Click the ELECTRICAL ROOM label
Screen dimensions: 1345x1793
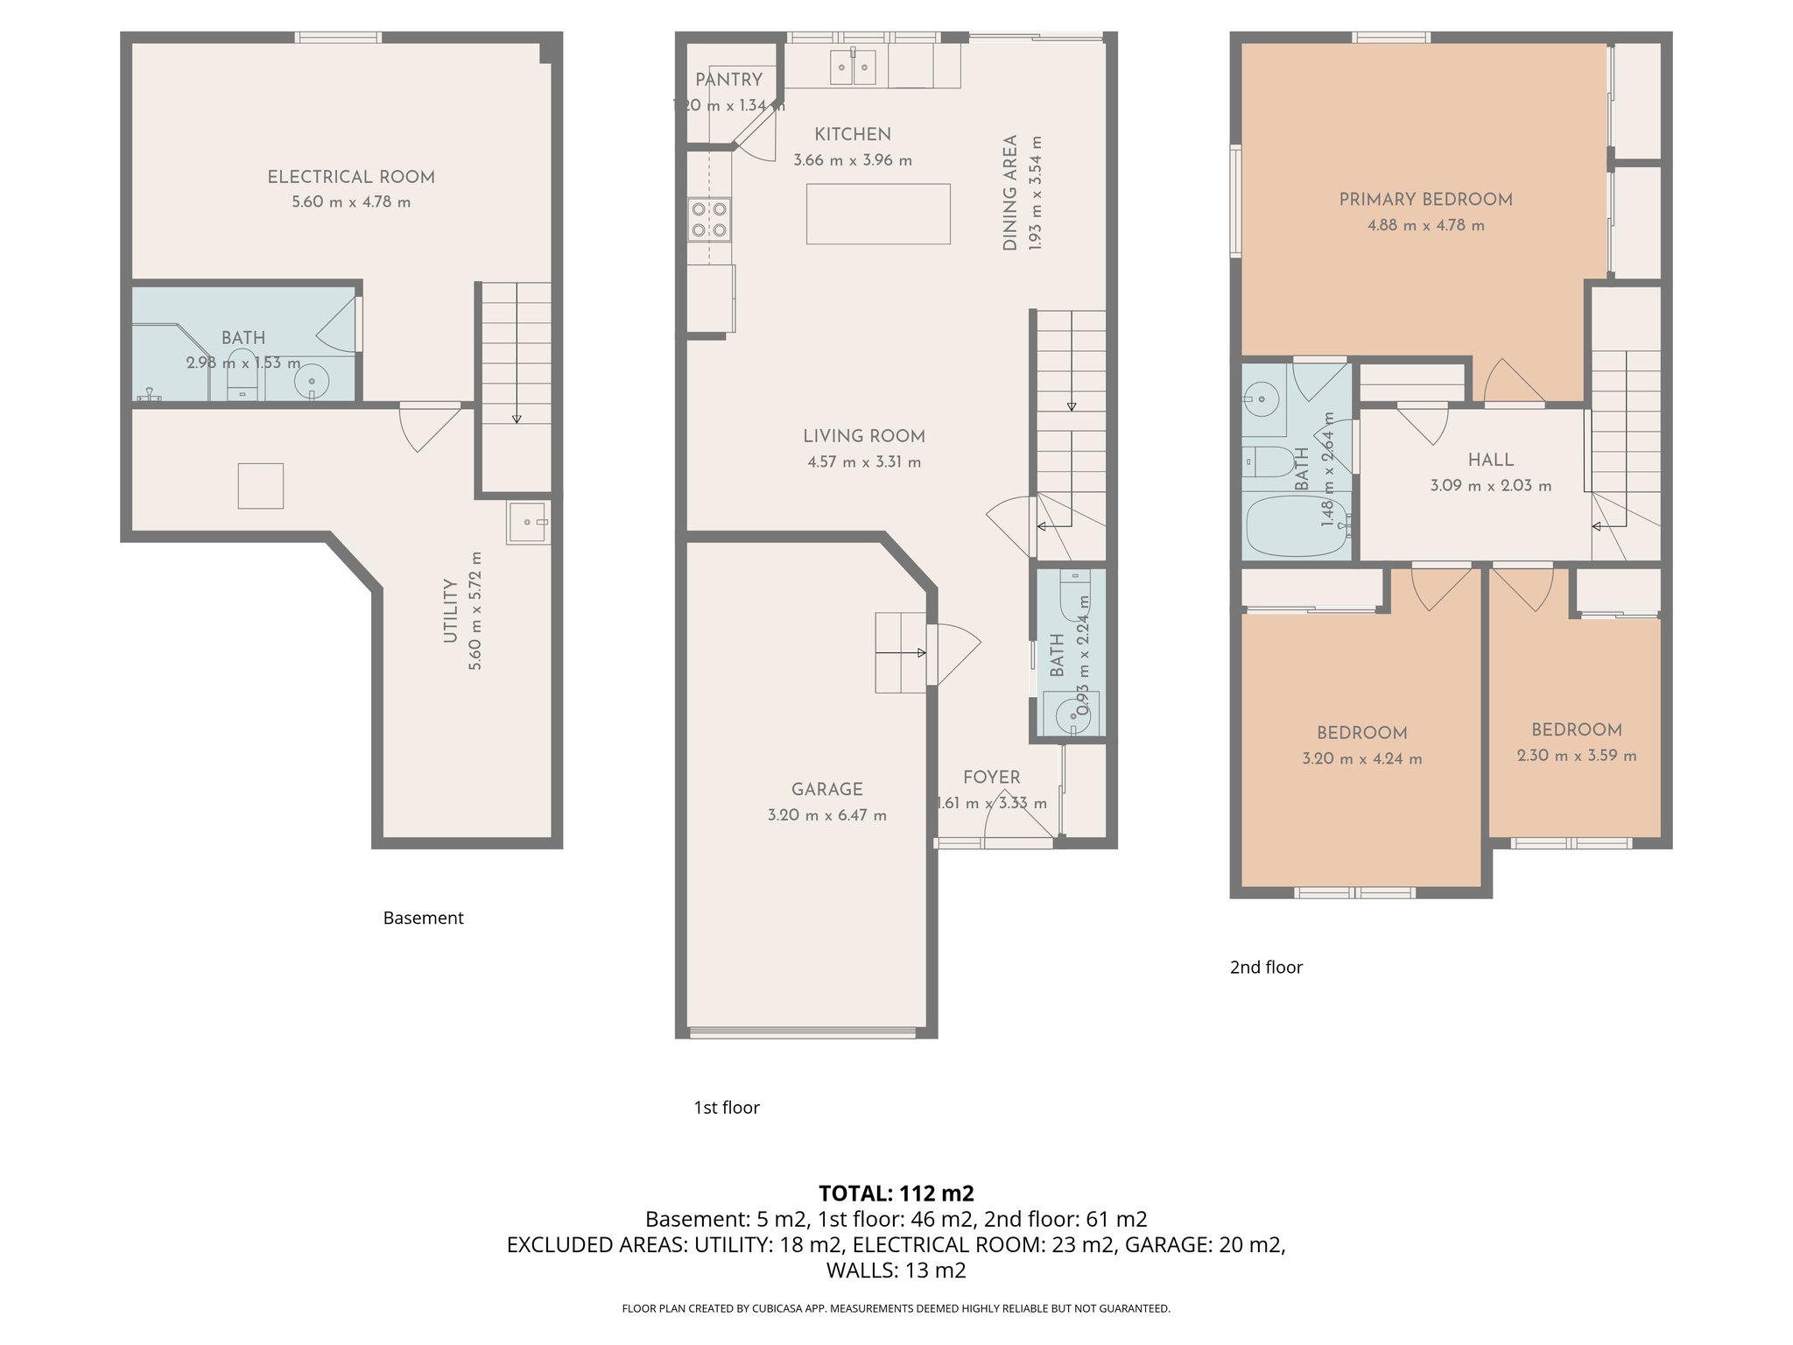click(x=351, y=177)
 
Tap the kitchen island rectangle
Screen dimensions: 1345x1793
click(x=878, y=214)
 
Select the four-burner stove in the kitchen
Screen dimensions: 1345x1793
click(x=709, y=219)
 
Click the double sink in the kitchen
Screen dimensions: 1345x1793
click(x=853, y=67)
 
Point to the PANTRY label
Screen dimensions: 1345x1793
click(x=728, y=80)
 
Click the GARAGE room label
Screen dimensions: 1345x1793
click(x=826, y=789)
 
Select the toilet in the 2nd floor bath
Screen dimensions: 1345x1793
click(x=1266, y=461)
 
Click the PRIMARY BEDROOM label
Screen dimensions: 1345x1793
click(x=1425, y=200)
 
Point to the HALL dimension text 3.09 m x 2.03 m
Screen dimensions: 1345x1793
click(x=1490, y=485)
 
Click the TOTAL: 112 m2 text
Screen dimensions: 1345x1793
click(x=896, y=1194)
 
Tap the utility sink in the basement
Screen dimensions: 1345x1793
click(x=526, y=522)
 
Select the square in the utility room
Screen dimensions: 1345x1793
click(x=260, y=485)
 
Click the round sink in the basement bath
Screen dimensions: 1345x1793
click(x=310, y=381)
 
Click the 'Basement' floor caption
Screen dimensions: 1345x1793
click(x=423, y=918)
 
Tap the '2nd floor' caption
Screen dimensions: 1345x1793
click(x=1266, y=967)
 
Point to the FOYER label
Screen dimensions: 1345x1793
click(x=991, y=778)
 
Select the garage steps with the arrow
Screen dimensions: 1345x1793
click(x=901, y=652)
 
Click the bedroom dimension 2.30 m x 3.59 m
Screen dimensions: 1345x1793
click(x=1576, y=756)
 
